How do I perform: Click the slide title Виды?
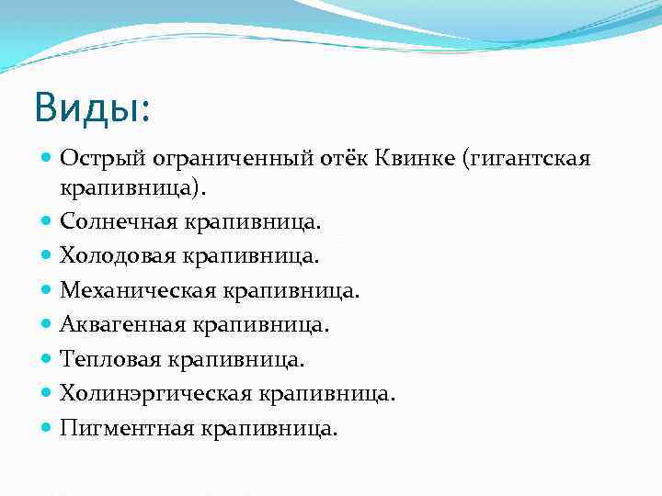(x=91, y=107)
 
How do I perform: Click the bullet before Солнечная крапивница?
(x=47, y=222)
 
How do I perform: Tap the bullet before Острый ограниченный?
(x=47, y=160)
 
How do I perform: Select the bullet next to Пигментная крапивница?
(x=47, y=428)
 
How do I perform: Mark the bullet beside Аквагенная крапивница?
(x=47, y=324)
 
